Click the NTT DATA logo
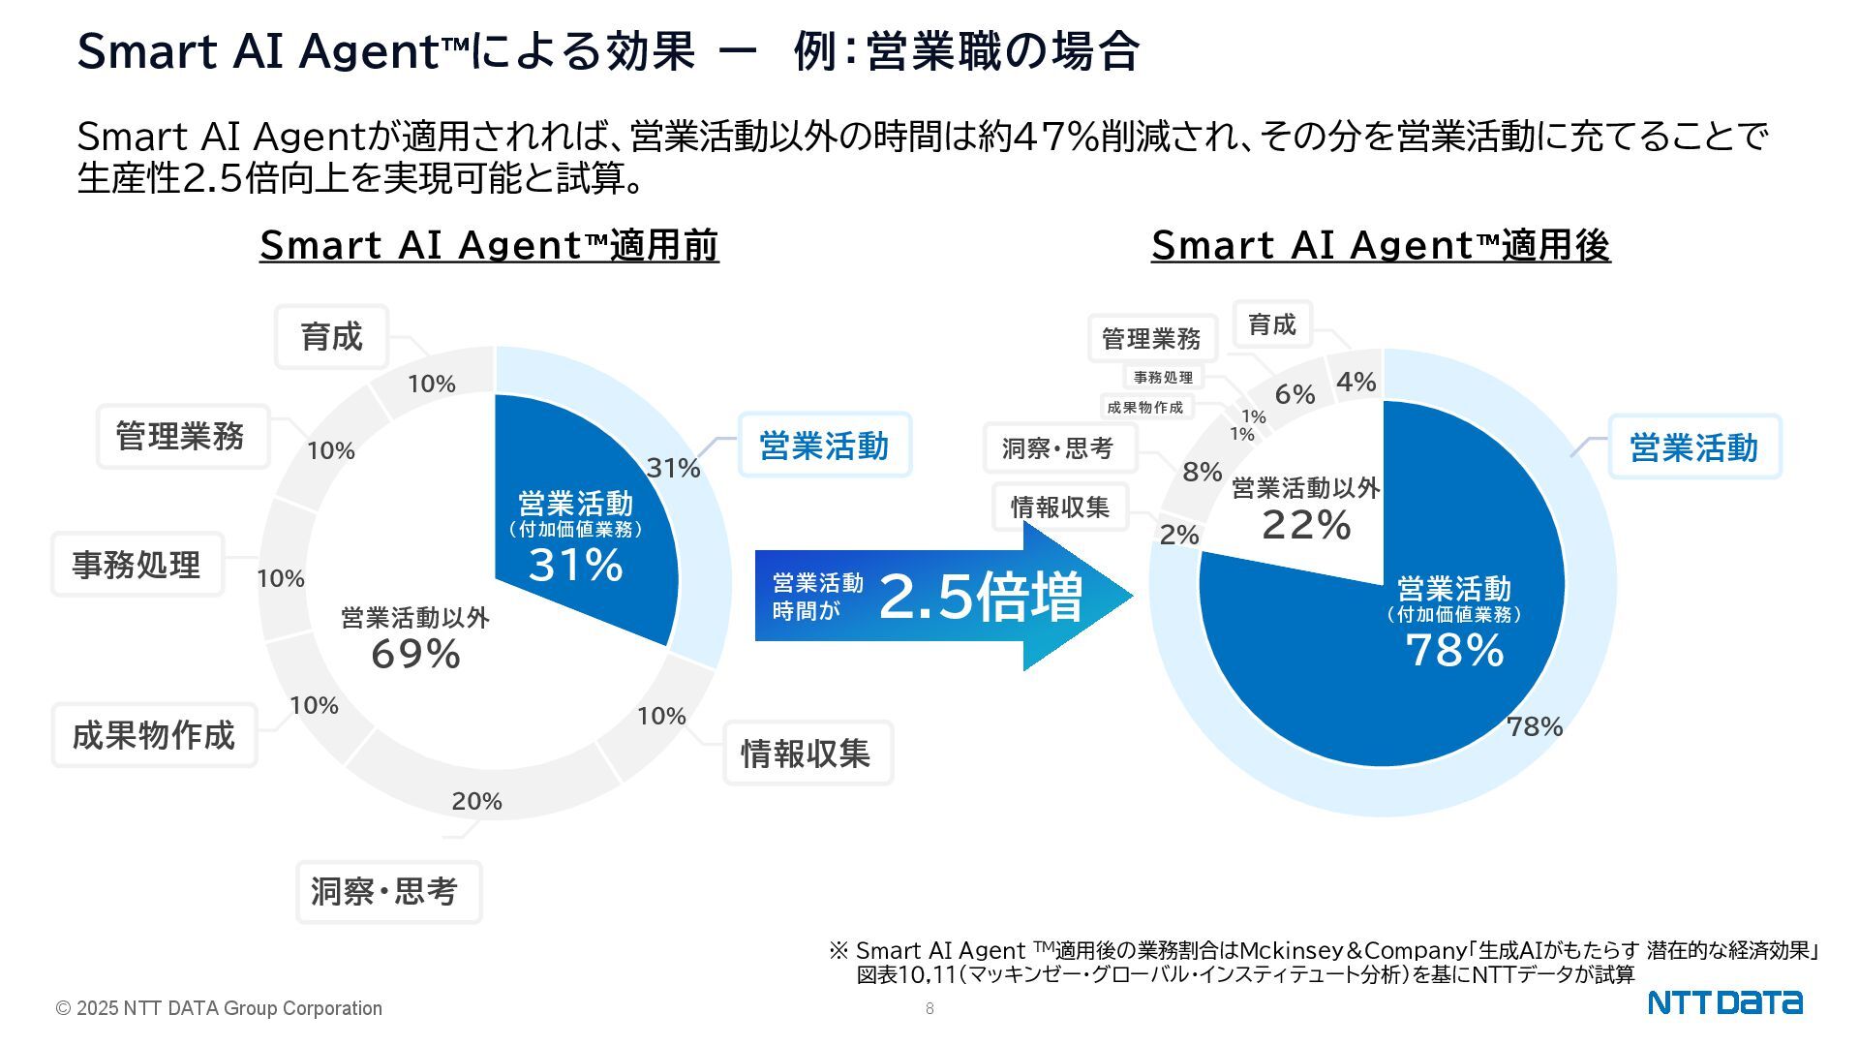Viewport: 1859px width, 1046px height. (1724, 1002)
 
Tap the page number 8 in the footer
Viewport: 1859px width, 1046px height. (929, 1008)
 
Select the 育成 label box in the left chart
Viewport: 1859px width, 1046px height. (331, 337)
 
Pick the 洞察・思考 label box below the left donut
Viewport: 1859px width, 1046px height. (388, 892)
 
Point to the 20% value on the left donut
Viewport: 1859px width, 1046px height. (476, 801)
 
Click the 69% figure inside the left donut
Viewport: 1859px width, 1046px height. (415, 655)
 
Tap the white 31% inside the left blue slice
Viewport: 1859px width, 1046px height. (575, 565)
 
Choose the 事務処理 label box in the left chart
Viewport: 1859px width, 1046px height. (137, 565)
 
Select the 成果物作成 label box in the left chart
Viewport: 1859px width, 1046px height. (154, 735)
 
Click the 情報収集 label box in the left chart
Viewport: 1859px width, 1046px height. (807, 754)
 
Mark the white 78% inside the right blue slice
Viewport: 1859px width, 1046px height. (1454, 650)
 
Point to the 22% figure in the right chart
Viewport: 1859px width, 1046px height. (1306, 525)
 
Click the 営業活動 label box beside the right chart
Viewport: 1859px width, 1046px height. (1693, 447)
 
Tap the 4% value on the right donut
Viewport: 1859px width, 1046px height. (1356, 383)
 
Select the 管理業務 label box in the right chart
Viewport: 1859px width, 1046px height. (1151, 339)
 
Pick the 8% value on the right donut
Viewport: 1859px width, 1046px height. (1202, 472)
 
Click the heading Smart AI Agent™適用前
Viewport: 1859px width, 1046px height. (489, 245)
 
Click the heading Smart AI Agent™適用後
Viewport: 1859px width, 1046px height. (1381, 245)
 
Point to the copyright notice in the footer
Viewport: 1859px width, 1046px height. (219, 1008)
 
